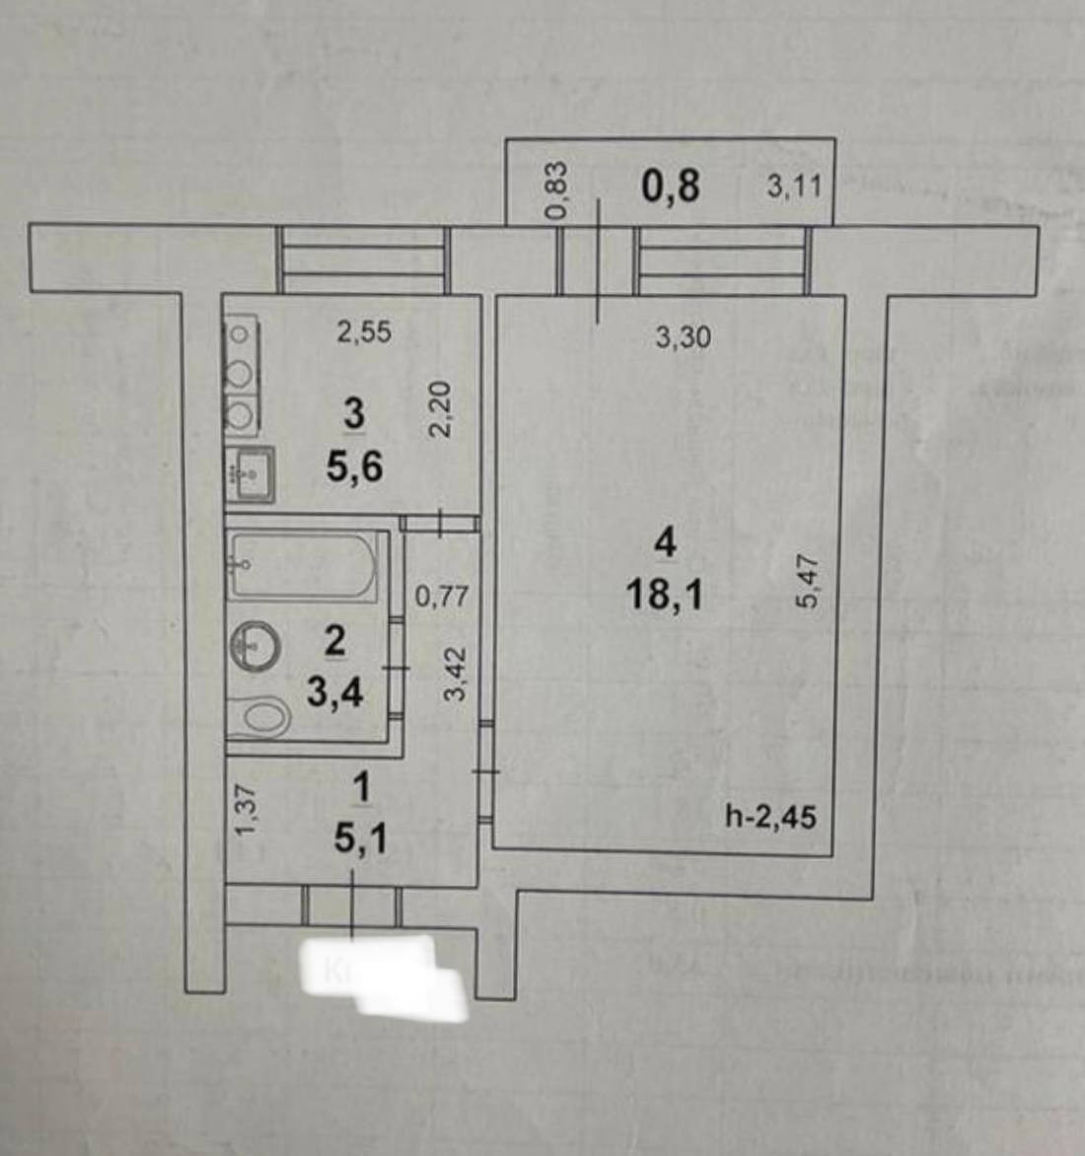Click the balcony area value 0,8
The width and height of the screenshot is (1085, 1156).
point(671,185)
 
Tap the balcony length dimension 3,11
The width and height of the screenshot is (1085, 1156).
point(793,185)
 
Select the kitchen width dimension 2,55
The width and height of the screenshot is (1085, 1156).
point(364,332)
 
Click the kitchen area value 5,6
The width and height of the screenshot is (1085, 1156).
point(354,466)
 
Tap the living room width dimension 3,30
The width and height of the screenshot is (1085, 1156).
point(683,337)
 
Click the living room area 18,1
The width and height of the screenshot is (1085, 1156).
point(664,595)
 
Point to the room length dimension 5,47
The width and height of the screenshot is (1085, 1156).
point(808,581)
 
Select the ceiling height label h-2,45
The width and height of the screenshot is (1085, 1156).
point(770,817)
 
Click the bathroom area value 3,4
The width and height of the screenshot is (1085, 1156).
point(334,692)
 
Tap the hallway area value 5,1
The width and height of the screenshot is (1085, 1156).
point(360,839)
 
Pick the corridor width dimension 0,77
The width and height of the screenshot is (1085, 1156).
point(441,596)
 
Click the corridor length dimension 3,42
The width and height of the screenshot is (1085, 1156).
point(454,673)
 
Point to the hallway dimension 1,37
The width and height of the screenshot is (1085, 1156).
point(246,810)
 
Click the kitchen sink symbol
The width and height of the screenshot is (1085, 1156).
point(250,476)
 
